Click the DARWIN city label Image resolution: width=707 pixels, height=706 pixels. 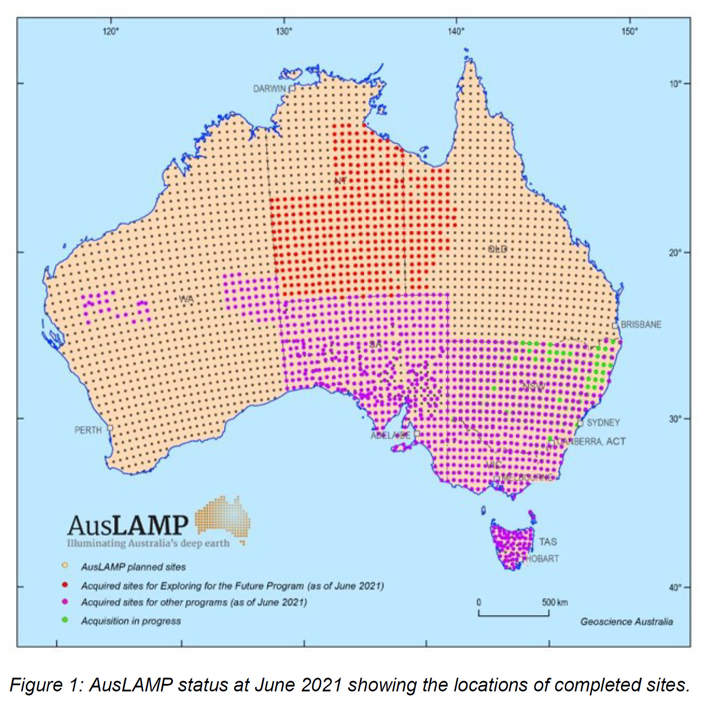(x=269, y=89)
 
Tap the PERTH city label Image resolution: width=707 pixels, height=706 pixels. (x=88, y=430)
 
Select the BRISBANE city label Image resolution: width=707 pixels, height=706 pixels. (x=641, y=324)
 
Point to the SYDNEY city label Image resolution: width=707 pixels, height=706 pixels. (x=603, y=423)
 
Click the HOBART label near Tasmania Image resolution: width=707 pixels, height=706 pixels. (x=542, y=559)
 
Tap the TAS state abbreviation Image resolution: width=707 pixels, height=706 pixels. (x=548, y=542)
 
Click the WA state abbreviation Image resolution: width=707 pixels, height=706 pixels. (x=186, y=299)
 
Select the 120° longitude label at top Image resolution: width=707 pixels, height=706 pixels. (x=111, y=31)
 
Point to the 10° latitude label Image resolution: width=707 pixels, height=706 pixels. (x=675, y=84)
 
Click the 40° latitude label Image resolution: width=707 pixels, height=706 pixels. (x=675, y=587)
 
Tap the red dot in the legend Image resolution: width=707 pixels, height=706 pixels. (x=65, y=585)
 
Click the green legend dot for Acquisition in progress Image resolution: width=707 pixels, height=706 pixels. (x=65, y=620)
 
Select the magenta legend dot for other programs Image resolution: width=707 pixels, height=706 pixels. (x=65, y=602)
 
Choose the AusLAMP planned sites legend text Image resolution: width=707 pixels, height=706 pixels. (x=133, y=567)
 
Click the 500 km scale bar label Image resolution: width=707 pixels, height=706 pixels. (x=554, y=602)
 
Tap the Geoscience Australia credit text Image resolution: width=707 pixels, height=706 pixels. (x=626, y=622)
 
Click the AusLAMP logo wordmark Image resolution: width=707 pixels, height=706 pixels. (x=128, y=525)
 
